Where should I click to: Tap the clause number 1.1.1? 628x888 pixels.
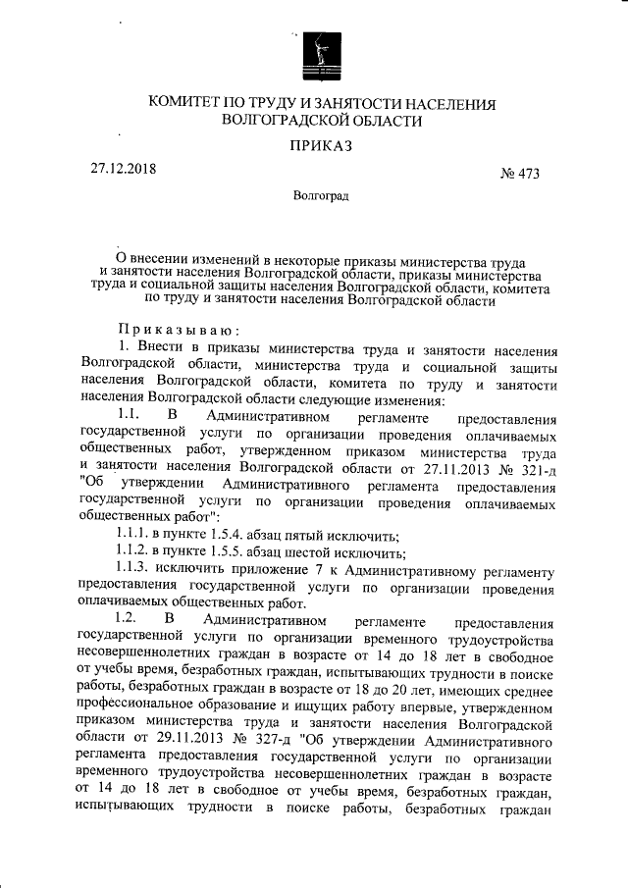pos(134,536)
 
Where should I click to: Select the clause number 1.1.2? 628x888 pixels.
pos(134,553)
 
